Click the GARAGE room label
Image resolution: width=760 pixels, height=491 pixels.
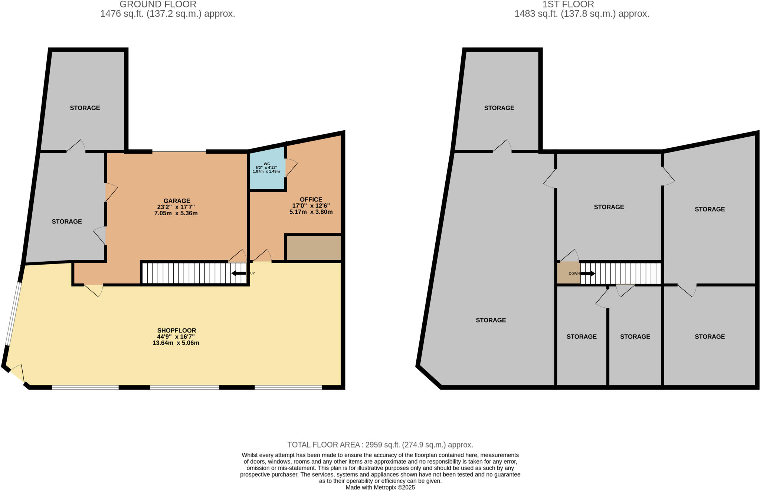pos(177,201)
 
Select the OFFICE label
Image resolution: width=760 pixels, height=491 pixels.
pos(311,199)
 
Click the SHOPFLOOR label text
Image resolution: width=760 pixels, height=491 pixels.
pos(176,330)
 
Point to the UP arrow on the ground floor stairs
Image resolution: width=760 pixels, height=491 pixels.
pos(239,274)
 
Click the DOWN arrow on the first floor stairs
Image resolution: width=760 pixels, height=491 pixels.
pos(588,274)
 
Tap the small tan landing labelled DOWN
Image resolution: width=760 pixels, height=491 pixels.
pos(569,273)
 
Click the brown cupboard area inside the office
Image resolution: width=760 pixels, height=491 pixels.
pos(313,248)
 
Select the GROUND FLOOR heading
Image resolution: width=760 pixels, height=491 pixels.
pos(158,4)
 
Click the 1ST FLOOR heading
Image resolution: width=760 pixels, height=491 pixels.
pos(568,4)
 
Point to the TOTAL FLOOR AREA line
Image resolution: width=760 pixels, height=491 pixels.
pos(380,445)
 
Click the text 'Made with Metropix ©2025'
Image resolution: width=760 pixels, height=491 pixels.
pos(380,487)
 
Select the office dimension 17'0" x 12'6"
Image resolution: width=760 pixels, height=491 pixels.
pos(311,206)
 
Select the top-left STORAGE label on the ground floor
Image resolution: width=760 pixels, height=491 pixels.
pos(85,108)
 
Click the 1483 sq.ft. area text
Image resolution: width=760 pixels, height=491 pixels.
pos(582,14)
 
